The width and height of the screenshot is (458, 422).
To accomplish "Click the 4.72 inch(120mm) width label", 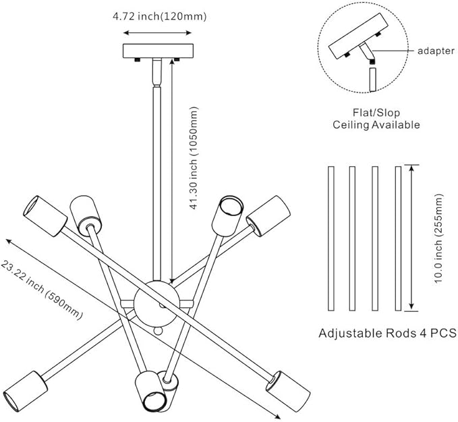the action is coord(159,16).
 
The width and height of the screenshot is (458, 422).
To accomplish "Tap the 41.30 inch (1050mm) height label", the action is coord(194,158).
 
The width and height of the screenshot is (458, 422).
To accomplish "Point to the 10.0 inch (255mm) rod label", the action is coord(438,238).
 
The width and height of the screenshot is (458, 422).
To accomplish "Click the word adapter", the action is coord(436,51).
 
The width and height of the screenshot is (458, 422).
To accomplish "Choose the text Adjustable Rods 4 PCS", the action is coord(388,333).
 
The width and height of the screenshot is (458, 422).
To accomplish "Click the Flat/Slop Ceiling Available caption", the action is coord(376,119).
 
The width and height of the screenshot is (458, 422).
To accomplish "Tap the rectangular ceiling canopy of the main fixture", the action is coord(158,51).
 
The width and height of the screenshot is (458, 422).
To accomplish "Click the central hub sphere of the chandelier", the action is coord(157,303).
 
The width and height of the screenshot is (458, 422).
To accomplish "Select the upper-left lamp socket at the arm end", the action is coord(45,216).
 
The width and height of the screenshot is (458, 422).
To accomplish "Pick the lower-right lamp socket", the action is coord(288,392).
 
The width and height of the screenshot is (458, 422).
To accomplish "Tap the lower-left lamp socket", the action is coord(26,392).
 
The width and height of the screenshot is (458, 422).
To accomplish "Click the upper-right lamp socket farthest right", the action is coord(268,216).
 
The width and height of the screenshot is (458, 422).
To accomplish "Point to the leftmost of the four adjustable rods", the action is coord(331,238).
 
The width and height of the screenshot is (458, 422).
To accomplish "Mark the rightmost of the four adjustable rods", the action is coord(398,238).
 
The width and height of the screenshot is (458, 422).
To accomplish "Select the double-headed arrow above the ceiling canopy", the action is coord(157,33).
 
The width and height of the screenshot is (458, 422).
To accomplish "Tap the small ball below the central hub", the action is coord(158,331).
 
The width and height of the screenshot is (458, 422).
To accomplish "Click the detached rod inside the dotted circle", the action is coord(372,80).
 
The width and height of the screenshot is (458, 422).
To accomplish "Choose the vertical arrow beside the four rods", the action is coord(411,238).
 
